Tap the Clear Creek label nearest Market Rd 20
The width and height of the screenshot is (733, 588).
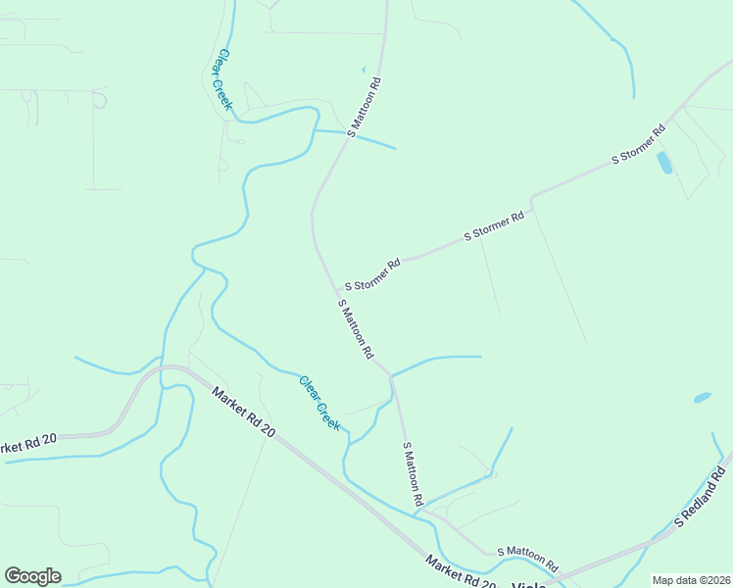click(319, 403)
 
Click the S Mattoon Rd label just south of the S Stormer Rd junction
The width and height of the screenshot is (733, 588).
click(356, 328)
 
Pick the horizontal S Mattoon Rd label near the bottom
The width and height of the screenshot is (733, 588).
click(527, 561)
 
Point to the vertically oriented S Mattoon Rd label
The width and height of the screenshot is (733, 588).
click(413, 473)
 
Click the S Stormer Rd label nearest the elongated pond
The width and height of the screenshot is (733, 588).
click(639, 143)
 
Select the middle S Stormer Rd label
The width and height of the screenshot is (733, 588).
click(494, 225)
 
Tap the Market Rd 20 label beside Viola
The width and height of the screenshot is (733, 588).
click(460, 571)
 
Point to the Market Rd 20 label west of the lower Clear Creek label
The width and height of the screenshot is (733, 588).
click(244, 412)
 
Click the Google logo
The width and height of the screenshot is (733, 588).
click(32, 576)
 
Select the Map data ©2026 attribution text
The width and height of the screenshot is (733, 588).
click(690, 580)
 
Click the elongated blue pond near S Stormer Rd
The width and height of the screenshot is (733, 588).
click(664, 163)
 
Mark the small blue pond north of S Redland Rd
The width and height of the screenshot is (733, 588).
click(702, 398)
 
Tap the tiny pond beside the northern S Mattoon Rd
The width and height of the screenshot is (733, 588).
click(363, 69)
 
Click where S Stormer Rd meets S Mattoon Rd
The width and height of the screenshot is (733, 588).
click(339, 292)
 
